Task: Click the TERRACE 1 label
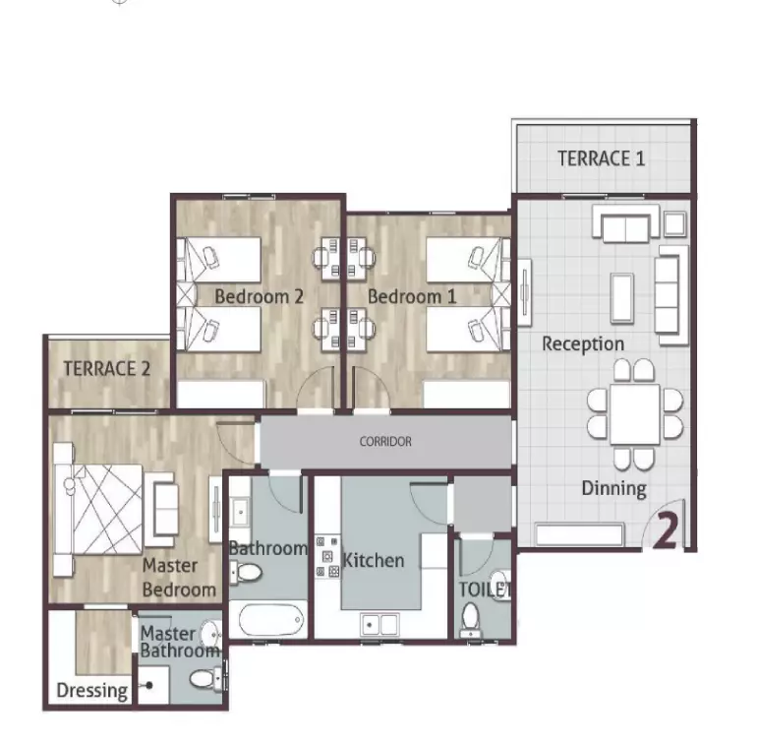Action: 601,158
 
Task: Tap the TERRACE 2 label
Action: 107,369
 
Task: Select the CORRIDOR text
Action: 385,442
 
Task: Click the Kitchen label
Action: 374,560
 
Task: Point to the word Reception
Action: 583,344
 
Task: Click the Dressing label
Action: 92,691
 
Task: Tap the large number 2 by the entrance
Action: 666,530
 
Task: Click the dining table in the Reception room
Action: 635,414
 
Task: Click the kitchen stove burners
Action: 327,557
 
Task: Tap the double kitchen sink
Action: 379,625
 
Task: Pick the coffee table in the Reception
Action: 622,297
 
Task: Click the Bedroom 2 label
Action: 260,296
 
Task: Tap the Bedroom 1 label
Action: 412,296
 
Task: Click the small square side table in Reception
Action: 674,223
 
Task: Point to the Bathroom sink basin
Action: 240,510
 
